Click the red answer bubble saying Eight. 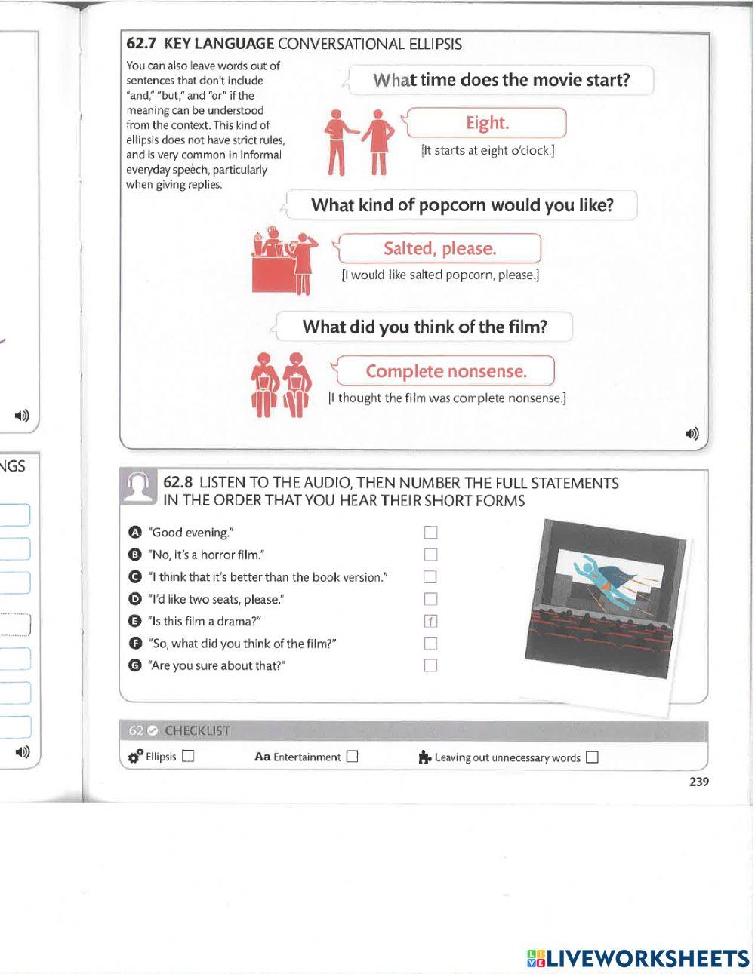487,123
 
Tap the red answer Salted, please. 439,249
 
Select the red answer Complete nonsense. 445,371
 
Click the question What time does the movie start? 501,81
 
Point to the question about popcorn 462,205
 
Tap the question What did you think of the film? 424,327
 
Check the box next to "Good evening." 430,533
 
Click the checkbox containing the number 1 430,622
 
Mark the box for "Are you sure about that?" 430,665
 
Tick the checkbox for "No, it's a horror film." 430,555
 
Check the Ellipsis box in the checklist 188,757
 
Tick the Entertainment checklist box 352,757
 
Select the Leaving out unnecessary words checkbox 592,757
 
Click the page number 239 698,782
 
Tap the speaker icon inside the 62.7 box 692,433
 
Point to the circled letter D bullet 135,599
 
